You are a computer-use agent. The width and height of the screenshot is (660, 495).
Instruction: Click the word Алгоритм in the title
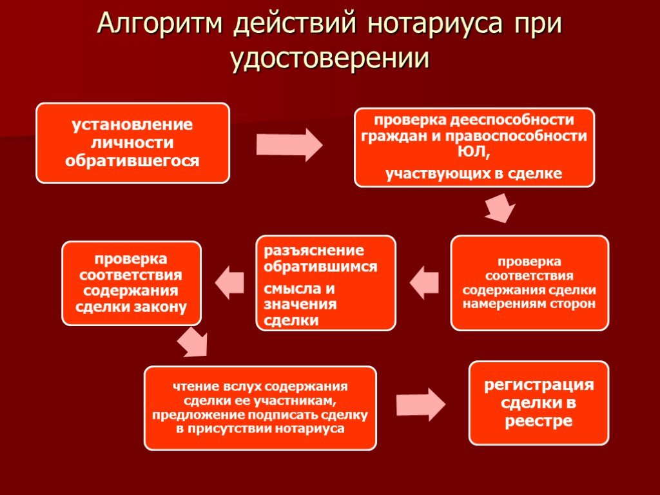160,24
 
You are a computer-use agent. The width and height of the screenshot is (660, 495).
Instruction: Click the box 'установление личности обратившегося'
133,143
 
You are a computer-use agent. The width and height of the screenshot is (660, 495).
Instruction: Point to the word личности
132,142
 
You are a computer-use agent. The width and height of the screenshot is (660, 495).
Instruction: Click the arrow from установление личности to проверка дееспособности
289,145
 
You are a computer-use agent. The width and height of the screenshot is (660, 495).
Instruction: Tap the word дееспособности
512,120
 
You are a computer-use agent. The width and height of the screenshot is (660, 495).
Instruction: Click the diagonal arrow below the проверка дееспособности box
500,208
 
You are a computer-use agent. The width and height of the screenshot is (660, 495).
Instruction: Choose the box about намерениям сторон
530,283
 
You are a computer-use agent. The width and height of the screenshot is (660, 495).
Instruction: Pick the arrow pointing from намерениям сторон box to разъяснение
424,282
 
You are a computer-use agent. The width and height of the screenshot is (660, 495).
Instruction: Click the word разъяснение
314,251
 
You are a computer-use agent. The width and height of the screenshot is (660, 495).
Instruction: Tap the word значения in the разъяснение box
300,304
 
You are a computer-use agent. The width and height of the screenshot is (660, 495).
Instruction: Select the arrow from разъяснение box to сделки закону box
229,282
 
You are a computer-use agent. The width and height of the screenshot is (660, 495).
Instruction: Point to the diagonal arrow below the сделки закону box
192,342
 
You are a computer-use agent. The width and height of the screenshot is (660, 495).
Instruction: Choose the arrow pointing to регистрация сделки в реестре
420,405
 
